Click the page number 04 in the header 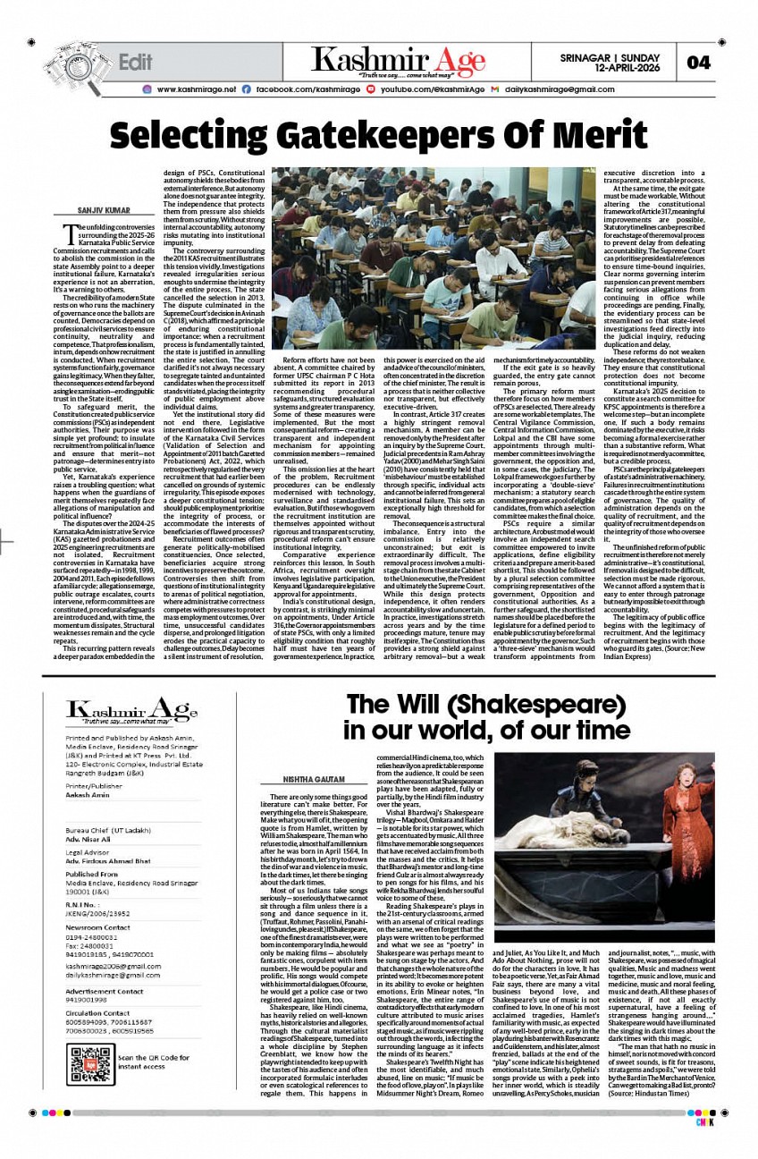[x=698, y=63]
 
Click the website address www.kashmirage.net [x=196, y=89]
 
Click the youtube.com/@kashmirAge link [x=433, y=89]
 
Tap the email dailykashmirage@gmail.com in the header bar [x=560, y=89]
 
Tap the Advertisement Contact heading [x=104, y=992]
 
